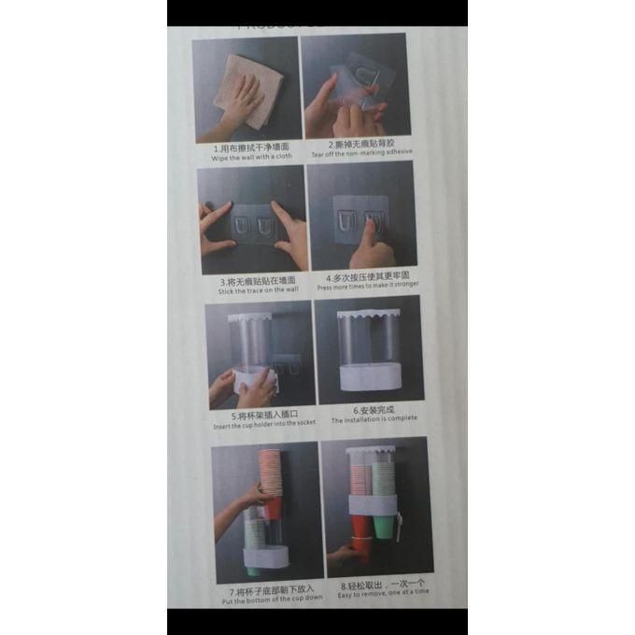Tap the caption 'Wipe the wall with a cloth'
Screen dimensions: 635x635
251,157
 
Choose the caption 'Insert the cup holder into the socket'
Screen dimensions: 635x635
264,424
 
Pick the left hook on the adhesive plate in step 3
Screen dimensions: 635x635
237,227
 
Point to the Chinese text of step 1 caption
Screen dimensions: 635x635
251,148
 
